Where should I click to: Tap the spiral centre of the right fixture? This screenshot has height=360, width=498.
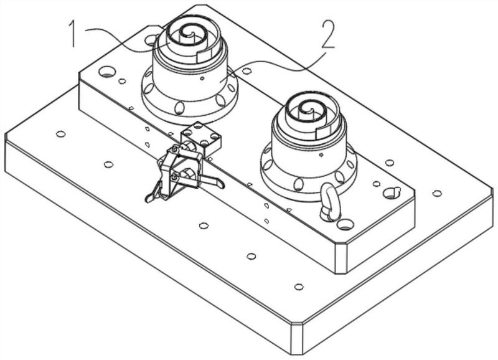tap(306, 110)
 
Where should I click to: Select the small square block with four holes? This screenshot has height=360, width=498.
tap(201, 140)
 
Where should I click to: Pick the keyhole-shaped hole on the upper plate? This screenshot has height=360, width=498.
tap(390, 192)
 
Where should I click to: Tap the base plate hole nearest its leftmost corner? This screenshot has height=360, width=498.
tap(60, 134)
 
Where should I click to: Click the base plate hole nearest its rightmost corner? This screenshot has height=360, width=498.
tap(437, 193)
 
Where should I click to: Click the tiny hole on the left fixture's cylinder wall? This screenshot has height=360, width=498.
tap(202, 79)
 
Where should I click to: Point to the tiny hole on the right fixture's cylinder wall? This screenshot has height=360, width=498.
tap(320, 153)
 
